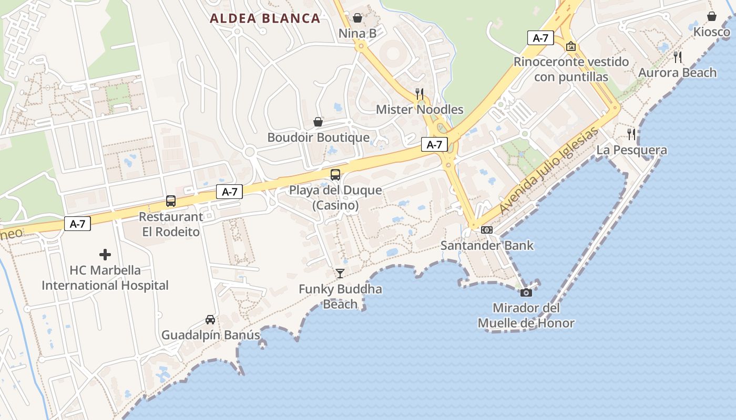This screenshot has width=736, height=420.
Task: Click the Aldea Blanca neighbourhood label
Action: point(265,18)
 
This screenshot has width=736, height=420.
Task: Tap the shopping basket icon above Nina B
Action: point(357,18)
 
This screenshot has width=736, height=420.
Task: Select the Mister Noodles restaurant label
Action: point(420,110)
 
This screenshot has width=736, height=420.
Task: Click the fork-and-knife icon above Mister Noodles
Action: point(420,94)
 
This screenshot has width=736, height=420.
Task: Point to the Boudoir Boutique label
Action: point(318,138)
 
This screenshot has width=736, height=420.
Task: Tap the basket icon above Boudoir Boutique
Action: point(318,122)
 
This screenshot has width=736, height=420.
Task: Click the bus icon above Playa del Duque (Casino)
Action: point(335,175)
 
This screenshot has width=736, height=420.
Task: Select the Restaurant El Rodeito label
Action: point(171,224)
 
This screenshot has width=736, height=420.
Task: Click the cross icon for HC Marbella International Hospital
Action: point(105,255)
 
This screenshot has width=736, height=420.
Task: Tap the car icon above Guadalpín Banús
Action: point(210,319)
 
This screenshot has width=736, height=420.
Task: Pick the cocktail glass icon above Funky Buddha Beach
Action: point(340,273)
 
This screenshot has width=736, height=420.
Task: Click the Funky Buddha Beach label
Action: point(340,297)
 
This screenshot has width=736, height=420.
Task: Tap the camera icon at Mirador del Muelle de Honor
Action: point(526,292)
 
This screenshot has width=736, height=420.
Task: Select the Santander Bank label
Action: point(487,245)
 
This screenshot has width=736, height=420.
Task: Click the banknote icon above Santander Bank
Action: point(487,230)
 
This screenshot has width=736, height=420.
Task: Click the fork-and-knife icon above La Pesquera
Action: point(631,134)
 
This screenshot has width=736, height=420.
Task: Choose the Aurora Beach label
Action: point(677,73)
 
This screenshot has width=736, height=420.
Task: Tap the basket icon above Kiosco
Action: point(711,16)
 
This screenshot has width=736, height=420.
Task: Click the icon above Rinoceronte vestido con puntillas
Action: point(571,47)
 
